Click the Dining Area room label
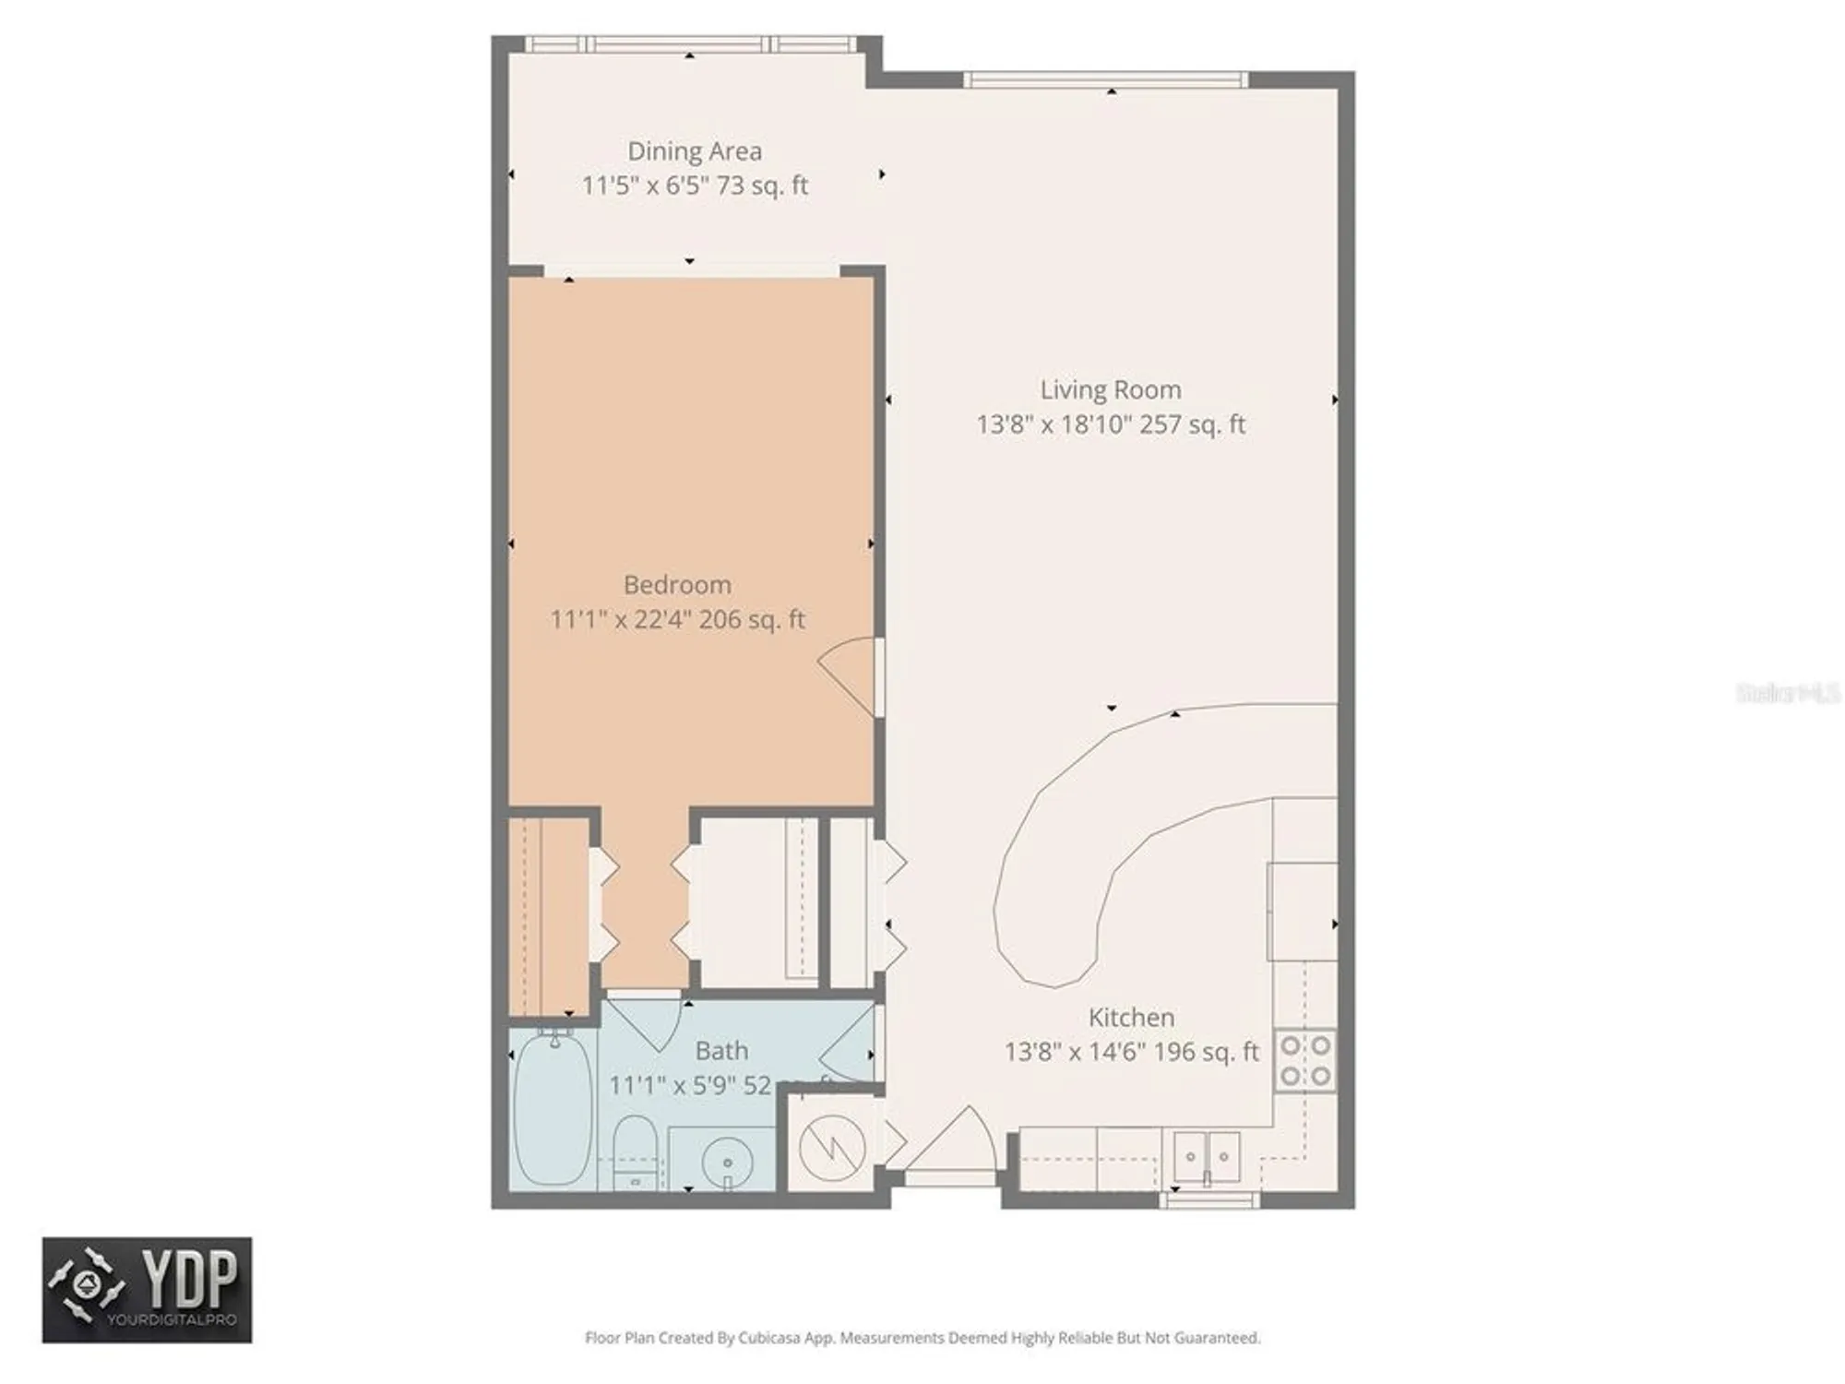click(695, 151)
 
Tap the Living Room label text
click(1111, 389)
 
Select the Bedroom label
click(677, 585)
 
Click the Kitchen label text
click(1131, 1018)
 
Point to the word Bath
click(721, 1051)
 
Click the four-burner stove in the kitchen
click(1305, 1061)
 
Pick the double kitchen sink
click(1206, 1156)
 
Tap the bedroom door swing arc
click(847, 674)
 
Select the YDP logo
click(147, 1289)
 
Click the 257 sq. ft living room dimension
click(1111, 424)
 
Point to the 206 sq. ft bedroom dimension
click(677, 619)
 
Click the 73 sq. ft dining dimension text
click(695, 185)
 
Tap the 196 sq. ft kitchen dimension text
click(1131, 1052)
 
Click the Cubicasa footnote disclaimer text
click(922, 1338)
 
